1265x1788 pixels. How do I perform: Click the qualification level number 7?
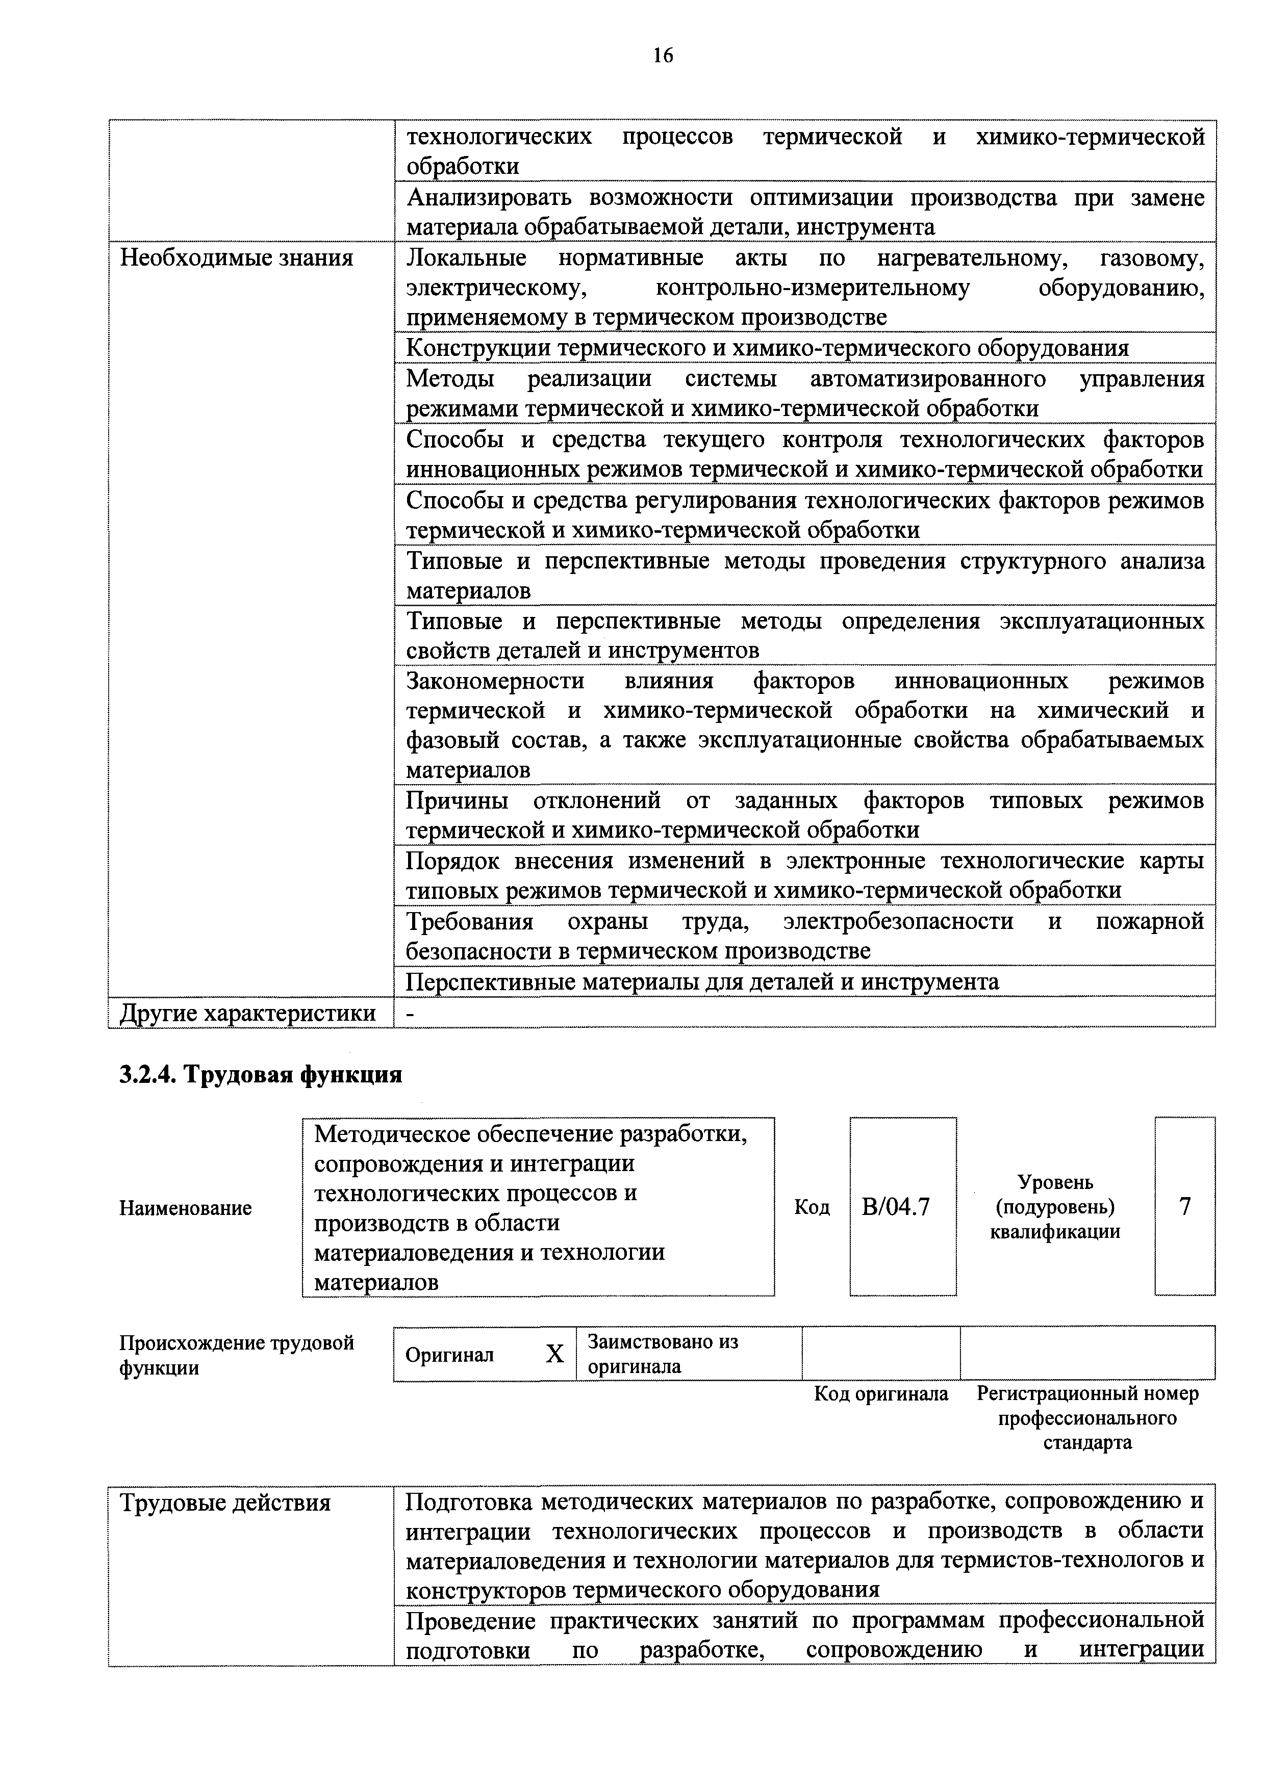pyautogui.click(x=1185, y=1206)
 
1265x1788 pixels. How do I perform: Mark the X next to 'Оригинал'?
pyautogui.click(x=554, y=1354)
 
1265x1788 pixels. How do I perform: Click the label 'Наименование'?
pyautogui.click(x=185, y=1208)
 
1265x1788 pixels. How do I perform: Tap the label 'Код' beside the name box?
pyautogui.click(x=812, y=1208)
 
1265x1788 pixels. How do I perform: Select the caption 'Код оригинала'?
pyautogui.click(x=881, y=1393)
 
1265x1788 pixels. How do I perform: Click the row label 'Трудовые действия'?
pyautogui.click(x=225, y=1502)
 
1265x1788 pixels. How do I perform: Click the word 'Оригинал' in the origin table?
pyautogui.click(x=449, y=1355)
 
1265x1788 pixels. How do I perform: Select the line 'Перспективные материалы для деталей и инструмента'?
pyautogui.click(x=702, y=982)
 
